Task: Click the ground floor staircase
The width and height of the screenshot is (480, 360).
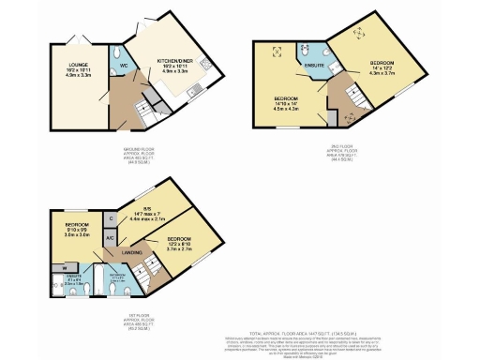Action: coord(144,112)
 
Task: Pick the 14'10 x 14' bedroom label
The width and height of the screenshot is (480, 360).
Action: coord(286,101)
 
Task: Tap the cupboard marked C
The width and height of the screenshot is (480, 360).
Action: coord(112,218)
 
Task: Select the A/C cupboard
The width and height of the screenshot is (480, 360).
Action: coord(112,237)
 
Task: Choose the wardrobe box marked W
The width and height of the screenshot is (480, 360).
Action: coord(52,267)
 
